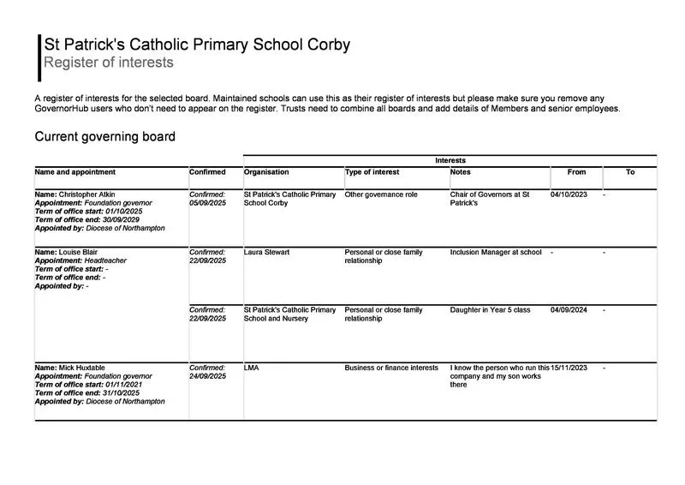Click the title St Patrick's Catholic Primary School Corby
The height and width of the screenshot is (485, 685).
click(197, 45)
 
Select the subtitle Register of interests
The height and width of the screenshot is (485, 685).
click(109, 63)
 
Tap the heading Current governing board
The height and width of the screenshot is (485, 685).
click(104, 137)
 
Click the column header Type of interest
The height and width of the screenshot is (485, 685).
click(372, 172)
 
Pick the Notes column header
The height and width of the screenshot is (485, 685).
click(460, 172)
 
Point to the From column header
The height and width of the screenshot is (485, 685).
click(576, 172)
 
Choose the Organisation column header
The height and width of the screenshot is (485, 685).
click(266, 172)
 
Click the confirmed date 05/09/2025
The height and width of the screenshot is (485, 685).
click(207, 204)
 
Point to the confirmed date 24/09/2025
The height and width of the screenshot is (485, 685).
click(207, 376)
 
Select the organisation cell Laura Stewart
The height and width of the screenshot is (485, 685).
click(266, 253)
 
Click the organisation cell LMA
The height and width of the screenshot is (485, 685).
click(252, 368)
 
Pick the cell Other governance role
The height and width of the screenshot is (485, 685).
click(381, 195)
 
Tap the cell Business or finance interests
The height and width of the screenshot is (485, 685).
click(391, 368)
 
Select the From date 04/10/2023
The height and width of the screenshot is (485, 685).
click(569, 195)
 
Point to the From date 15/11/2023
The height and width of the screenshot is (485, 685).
click(569, 368)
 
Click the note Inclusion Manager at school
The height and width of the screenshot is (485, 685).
click(496, 253)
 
